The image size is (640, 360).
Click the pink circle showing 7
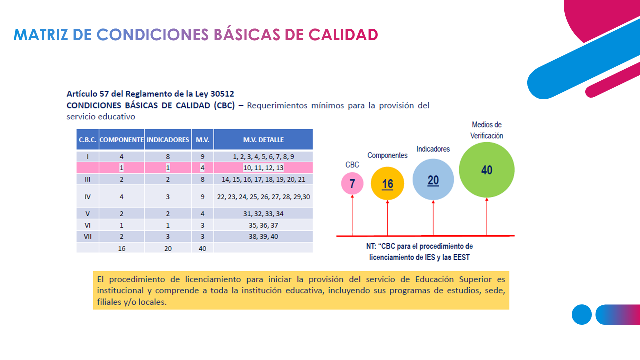352,183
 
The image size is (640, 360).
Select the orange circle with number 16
387,183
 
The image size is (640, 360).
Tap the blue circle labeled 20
433,180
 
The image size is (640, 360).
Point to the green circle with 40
487,170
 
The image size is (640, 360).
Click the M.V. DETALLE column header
263,140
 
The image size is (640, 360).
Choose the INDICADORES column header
168,140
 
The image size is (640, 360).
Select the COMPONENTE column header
122,140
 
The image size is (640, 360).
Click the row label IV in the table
88,197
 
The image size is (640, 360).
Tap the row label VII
88,236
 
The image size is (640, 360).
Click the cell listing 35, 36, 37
263,225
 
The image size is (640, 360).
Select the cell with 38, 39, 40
263,236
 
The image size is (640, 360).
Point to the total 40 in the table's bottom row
202,248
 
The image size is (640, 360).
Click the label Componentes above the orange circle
387,155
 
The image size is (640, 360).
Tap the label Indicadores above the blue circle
433,149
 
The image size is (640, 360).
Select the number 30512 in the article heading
222,94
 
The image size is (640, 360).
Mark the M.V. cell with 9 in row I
202,157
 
